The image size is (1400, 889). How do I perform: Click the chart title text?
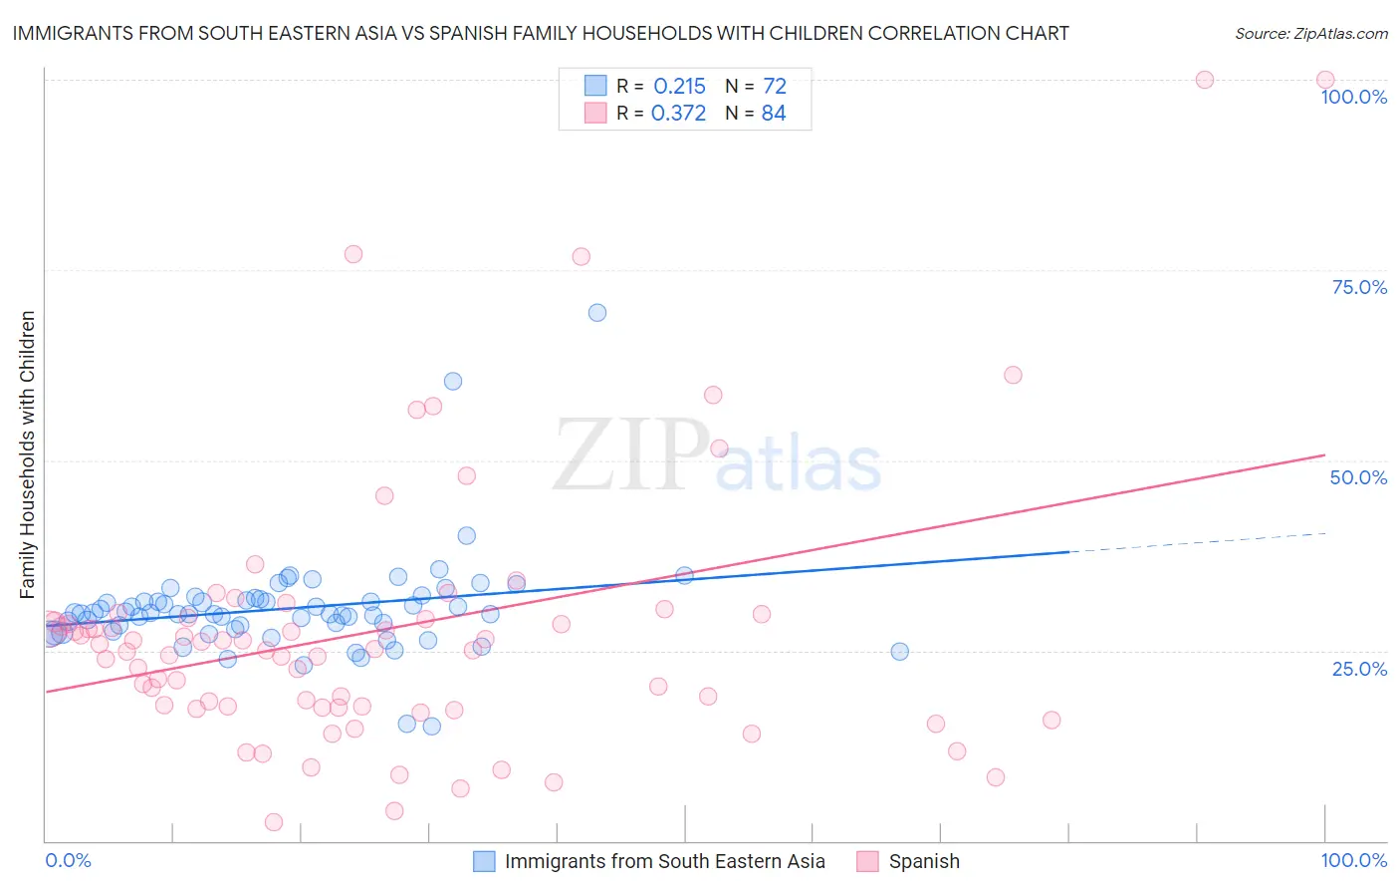pos(541,33)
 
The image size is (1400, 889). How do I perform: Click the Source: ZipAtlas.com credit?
pos(1310,33)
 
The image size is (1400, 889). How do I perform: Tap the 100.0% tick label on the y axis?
pos(1353,97)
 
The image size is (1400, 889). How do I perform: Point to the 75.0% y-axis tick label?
pos(1359,287)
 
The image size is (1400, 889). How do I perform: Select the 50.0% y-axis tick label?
pos(1358,477)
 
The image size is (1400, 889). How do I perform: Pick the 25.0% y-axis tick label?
pos(1359,668)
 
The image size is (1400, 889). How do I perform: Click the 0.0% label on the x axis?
pos(68,860)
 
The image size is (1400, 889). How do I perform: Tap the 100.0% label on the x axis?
pos(1353,860)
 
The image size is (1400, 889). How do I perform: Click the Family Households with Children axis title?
pos(27,454)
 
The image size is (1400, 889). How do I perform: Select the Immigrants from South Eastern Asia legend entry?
pos(664,861)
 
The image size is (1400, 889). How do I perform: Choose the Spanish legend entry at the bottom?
pos(923,861)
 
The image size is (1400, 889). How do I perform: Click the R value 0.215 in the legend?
pos(679,87)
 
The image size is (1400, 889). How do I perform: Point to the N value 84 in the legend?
pos(774,114)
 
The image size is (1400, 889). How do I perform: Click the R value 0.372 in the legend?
pos(678,114)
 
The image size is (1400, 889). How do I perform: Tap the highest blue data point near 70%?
pos(597,313)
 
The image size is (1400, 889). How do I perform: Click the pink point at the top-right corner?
pos(1325,80)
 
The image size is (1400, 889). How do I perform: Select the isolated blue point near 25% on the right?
pos(899,652)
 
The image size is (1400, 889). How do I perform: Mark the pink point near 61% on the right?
pos(1013,375)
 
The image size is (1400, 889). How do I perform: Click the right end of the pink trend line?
pos(1324,454)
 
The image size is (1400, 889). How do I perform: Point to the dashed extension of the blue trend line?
pos(1195,542)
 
